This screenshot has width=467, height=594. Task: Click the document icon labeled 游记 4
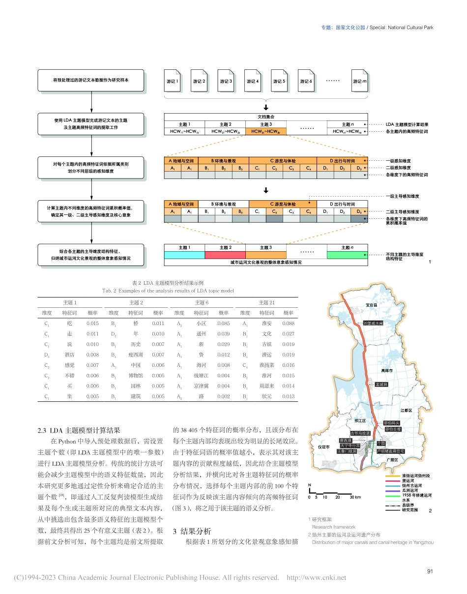pos(252,81)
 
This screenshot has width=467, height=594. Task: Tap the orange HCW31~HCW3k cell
pos(265,132)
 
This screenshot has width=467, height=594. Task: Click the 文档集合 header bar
pos(265,117)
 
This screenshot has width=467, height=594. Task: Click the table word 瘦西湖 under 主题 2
pos(135,355)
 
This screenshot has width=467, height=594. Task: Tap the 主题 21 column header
pos(267,302)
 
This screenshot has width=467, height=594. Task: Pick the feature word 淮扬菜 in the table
pos(266,365)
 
